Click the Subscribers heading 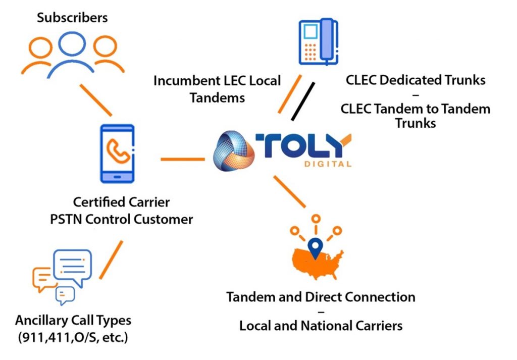tap(72, 18)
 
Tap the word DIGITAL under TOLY tap(328, 164)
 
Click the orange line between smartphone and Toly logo tap(182, 160)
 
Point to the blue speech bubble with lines tap(71, 266)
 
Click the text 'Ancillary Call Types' tap(73, 321)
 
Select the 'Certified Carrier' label tap(121, 202)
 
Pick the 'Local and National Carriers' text tap(321, 326)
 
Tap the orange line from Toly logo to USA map tap(289, 191)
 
